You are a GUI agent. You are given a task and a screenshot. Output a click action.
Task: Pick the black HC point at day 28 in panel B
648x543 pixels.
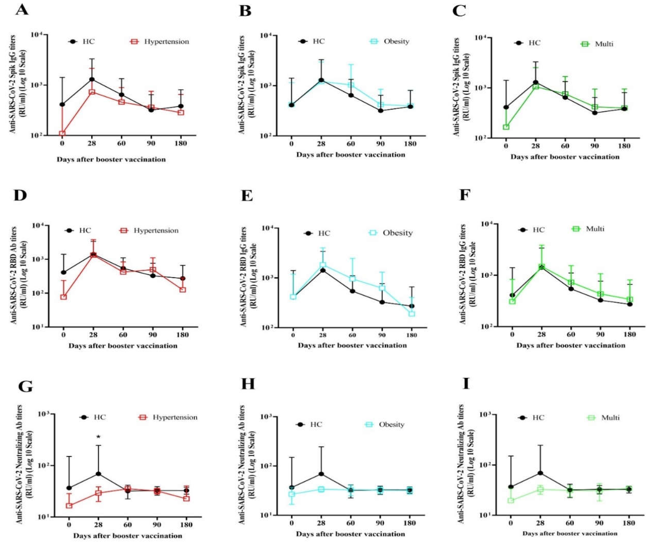tap(321, 80)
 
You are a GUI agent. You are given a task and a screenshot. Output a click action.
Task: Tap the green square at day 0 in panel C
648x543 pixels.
tap(506, 127)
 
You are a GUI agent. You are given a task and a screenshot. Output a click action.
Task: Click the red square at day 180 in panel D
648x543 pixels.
tap(183, 289)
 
